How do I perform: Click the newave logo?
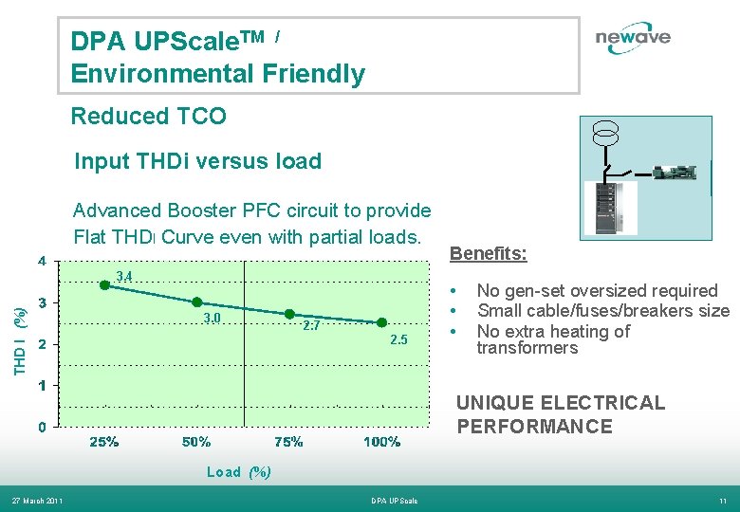[633, 38]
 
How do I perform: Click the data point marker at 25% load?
[105, 284]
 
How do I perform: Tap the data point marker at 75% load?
[290, 314]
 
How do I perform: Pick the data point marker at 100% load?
[382, 322]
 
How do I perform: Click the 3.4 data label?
[123, 277]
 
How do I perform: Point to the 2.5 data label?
[398, 340]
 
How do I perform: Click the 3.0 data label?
[212, 318]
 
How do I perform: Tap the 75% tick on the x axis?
[289, 442]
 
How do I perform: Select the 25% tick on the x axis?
[104, 442]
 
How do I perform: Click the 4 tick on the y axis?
[41, 260]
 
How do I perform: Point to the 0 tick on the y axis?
[41, 427]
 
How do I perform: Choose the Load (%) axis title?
[239, 472]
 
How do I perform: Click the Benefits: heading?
[488, 254]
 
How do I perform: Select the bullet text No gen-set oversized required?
[597, 290]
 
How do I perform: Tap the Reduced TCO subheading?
[149, 117]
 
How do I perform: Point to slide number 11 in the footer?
[722, 501]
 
